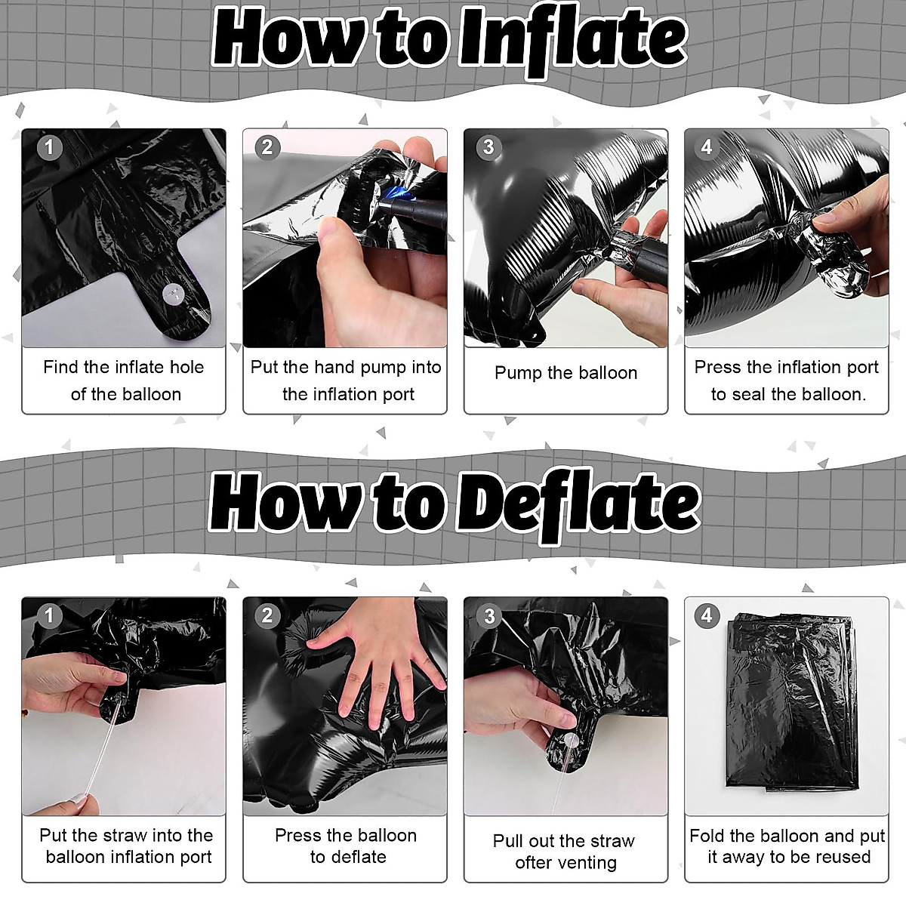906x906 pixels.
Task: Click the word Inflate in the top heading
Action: pos(572,40)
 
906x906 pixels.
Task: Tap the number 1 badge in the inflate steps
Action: pos(49,147)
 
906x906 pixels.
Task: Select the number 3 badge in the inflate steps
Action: pos(488,147)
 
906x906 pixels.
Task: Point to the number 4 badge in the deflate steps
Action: pos(707,616)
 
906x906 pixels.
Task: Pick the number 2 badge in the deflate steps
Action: pos(267,616)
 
